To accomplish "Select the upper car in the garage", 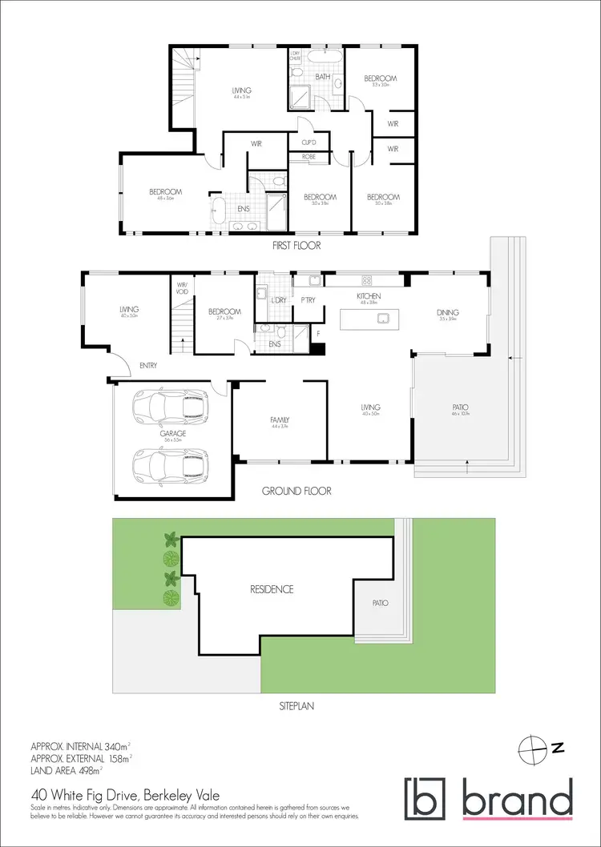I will pyautogui.click(x=171, y=407).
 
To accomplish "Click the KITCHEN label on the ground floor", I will pyautogui.click(x=368, y=296).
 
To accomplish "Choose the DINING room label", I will pyautogui.click(x=447, y=312).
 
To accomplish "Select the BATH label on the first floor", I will pyautogui.click(x=323, y=77).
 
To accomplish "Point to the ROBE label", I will pyautogui.click(x=308, y=158).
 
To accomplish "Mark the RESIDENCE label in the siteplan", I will pyautogui.click(x=272, y=589).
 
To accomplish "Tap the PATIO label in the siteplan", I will pyautogui.click(x=380, y=603).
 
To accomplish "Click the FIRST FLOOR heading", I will pyautogui.click(x=292, y=246).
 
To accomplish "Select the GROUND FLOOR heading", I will pyautogui.click(x=296, y=491).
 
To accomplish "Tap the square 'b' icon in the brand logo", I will pyautogui.click(x=422, y=797).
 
